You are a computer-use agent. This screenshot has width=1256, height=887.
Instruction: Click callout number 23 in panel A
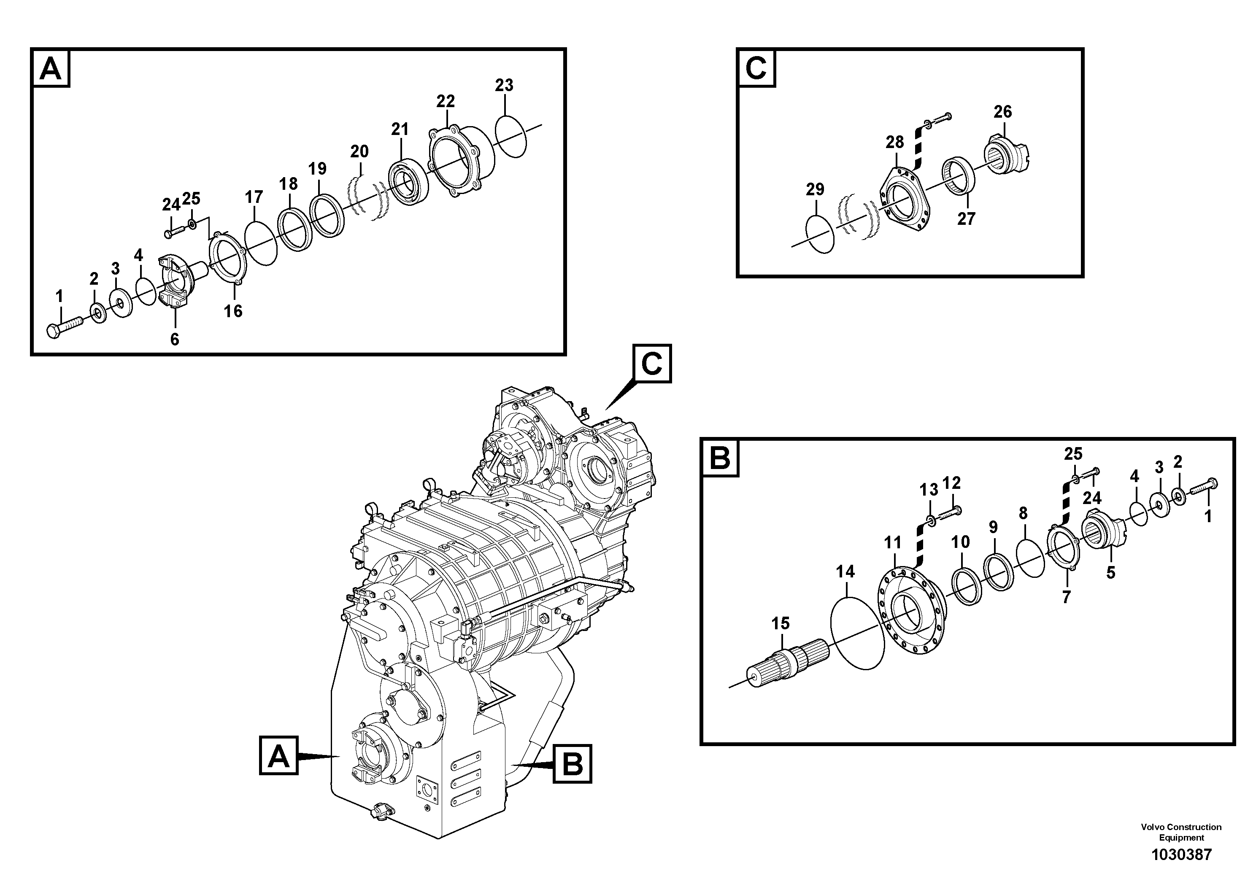[x=504, y=85]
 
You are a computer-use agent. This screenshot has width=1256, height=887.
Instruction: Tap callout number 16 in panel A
[x=233, y=311]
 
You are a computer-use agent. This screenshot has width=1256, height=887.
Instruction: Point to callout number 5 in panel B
[x=1110, y=572]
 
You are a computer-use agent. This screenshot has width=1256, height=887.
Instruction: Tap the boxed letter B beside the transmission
[x=572, y=763]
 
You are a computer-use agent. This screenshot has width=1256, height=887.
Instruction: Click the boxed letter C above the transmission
[x=651, y=363]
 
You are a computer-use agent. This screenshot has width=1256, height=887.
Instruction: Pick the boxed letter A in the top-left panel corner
[x=51, y=69]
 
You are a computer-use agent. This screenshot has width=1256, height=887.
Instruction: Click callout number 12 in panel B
[x=951, y=483]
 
